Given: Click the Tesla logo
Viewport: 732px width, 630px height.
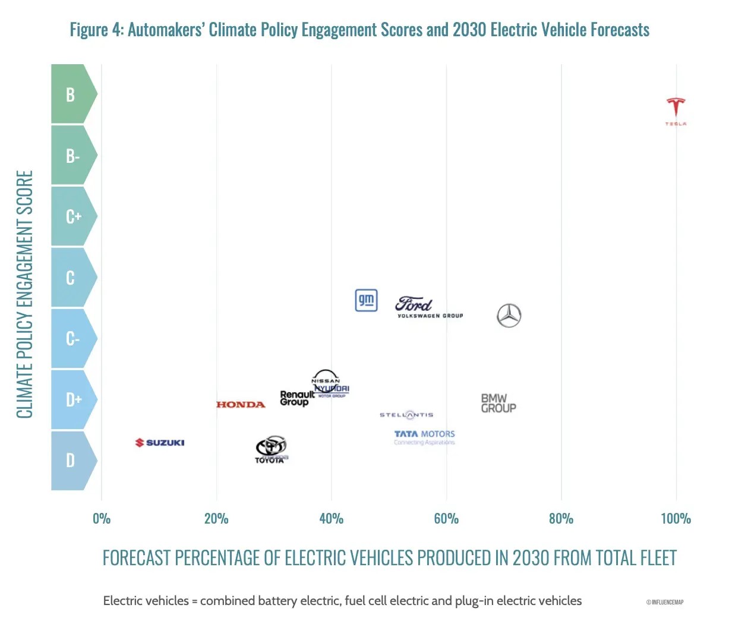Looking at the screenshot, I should pos(676,110).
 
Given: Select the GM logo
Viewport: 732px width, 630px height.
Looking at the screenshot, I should pos(366,300).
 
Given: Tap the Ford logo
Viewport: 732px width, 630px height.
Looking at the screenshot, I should pos(414,304).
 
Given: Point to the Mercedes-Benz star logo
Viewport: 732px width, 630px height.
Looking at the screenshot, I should pos(509,316).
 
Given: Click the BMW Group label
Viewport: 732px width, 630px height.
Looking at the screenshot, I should pos(498,403).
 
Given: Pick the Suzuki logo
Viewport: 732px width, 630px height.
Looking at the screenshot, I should pos(160,443).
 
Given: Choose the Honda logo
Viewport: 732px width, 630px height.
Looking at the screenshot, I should pos(241,405).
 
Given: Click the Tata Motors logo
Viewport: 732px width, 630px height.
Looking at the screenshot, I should pos(424,437).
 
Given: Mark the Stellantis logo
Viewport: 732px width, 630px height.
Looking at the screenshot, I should pos(406,415).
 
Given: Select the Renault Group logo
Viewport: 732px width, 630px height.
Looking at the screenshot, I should pos(296,398).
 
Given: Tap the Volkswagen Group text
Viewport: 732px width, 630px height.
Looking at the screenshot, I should pos(430,316).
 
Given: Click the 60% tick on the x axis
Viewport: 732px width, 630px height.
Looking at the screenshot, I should pos(446,519).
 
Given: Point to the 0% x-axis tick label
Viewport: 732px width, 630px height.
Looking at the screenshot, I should pos(102,519).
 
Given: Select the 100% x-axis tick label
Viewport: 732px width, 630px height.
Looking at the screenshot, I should pos(676,519).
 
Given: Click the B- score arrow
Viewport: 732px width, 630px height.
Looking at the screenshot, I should pos(73,156).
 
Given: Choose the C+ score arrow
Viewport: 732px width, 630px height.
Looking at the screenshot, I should pos(73,216).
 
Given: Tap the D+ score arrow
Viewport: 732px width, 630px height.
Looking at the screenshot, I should pos(73,399).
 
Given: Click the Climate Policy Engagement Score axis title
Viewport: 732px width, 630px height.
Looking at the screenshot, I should pos(24,294).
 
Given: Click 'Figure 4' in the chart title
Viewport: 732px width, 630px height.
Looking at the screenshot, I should pos(96,30).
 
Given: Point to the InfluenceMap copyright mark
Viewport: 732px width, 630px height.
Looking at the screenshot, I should pos(665,602).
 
